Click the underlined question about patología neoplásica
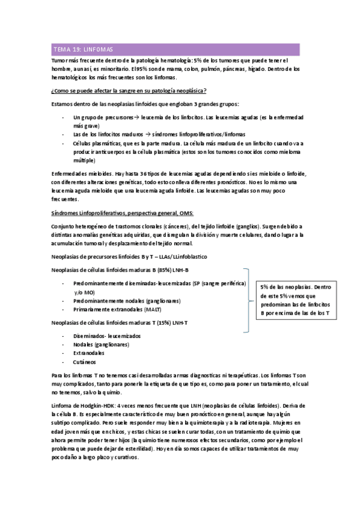pos(129,90)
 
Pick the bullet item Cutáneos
pos(84,363)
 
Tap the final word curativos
pos(123,456)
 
